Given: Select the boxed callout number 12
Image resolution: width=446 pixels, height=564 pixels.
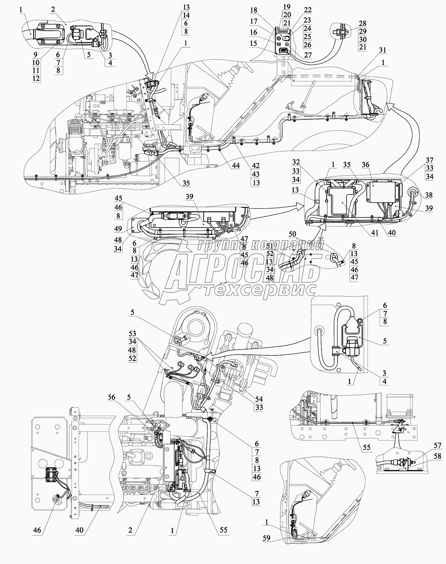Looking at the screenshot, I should pyautogui.click(x=36, y=78).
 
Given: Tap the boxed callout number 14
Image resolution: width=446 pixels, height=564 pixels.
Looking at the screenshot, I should pyautogui.click(x=186, y=16).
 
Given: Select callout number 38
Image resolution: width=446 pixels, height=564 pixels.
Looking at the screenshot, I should pyautogui.click(x=428, y=195).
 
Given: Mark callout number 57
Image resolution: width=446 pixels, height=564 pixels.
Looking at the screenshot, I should pyautogui.click(x=438, y=446).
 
